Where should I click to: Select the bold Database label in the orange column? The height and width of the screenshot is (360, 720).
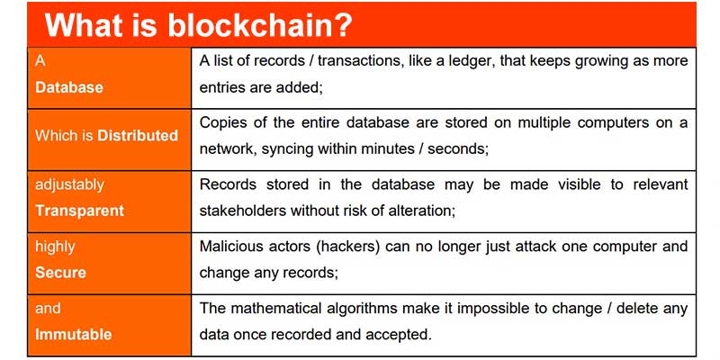pos(69,87)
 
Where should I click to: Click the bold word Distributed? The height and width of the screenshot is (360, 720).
pos(138,135)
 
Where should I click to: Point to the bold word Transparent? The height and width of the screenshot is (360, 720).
pos(79,211)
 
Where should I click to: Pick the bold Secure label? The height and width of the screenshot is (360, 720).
pos(60,272)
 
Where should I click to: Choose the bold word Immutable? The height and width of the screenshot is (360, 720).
pos(73,334)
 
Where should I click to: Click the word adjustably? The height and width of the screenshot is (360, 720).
pos(69,184)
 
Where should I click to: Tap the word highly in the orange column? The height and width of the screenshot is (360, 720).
pos(55,246)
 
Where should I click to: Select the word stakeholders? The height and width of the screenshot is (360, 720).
pos(241,211)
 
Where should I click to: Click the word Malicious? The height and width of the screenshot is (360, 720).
pos(230,246)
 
